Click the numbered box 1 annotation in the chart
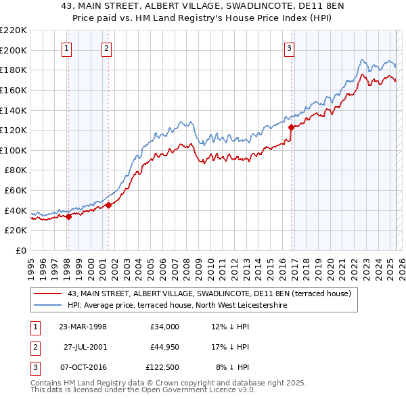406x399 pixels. pyautogui.click(x=68, y=48)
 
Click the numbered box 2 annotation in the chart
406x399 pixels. pyautogui.click(x=108, y=48)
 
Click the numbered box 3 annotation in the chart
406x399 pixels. pyautogui.click(x=289, y=48)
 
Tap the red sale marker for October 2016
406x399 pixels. pyautogui.click(x=291, y=127)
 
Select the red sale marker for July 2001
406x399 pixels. pyautogui.click(x=108, y=206)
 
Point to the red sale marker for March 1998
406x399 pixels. pyautogui.click(x=68, y=216)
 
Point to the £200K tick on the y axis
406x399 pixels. pyautogui.click(x=14, y=50)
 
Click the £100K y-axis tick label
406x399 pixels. pyautogui.click(x=14, y=150)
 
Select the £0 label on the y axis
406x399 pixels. pyautogui.click(x=22, y=250)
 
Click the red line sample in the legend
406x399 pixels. pyautogui.click(x=49, y=294)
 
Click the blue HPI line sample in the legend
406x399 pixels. pyautogui.click(x=49, y=305)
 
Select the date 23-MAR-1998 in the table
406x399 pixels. pyautogui.click(x=83, y=327)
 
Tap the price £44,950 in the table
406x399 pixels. pyautogui.click(x=164, y=347)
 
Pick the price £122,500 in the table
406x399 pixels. pyautogui.click(x=162, y=367)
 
